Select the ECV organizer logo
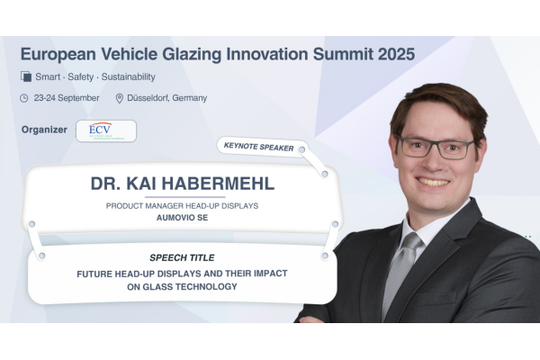pyautogui.click(x=106, y=130)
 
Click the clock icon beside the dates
pyautogui.click(x=23, y=98)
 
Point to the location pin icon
pyautogui.click(x=119, y=98)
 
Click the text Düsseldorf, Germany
pyautogui.click(x=167, y=98)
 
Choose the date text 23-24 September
pyautogui.click(x=67, y=98)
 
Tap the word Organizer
pyautogui.click(x=44, y=130)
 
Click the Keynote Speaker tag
pyautogui.click(x=259, y=147)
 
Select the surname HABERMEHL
pyautogui.click(x=218, y=184)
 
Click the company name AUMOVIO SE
pyautogui.click(x=182, y=218)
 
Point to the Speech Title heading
pyautogui.click(x=182, y=257)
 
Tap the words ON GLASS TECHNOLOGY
pyautogui.click(x=182, y=286)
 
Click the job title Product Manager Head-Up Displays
pyautogui.click(x=182, y=206)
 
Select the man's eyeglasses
pyautogui.click(x=436, y=148)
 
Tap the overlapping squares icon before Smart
pyautogui.click(x=26, y=76)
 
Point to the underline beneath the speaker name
pyautogui.click(x=184, y=197)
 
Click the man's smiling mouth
pyautogui.click(x=433, y=182)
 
